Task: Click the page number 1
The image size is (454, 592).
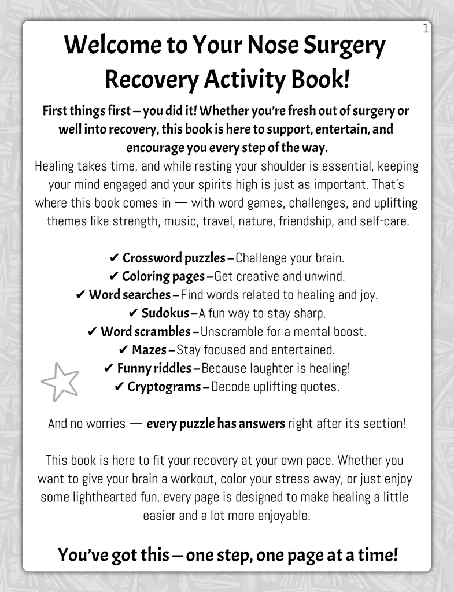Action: (x=426, y=28)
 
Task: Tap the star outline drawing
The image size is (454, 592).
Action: (x=60, y=382)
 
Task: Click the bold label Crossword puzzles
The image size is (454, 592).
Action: (x=174, y=258)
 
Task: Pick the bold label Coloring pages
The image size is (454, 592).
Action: (x=163, y=276)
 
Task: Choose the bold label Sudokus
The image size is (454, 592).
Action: (x=165, y=313)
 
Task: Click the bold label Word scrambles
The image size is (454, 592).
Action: (x=146, y=332)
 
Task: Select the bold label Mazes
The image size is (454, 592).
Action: (x=149, y=350)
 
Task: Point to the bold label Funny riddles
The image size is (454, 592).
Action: (x=154, y=368)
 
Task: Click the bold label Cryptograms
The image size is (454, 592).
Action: (x=164, y=387)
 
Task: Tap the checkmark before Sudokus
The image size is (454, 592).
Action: (x=132, y=314)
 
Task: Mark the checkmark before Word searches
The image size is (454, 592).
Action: (x=80, y=295)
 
